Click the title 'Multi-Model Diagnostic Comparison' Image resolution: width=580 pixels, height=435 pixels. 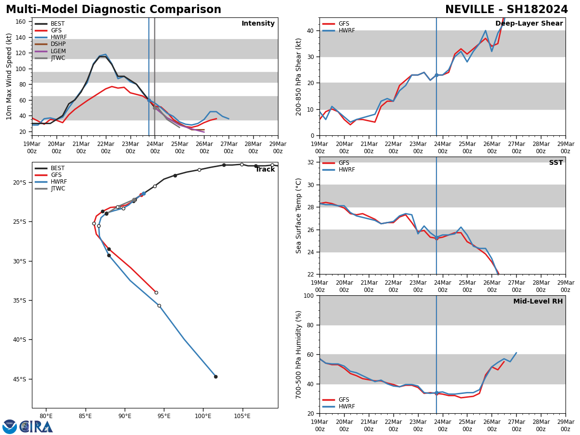(114, 10)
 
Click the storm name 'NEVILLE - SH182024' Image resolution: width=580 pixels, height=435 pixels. (506, 10)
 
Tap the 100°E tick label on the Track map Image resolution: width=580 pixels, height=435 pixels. (203, 416)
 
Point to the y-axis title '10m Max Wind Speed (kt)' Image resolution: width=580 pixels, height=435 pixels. (9, 76)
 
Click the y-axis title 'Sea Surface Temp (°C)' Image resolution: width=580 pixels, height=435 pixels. (299, 216)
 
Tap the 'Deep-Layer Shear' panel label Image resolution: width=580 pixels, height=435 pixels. (529, 24)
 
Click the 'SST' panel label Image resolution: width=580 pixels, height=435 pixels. (555, 163)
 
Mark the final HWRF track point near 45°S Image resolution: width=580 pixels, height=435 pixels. (216, 377)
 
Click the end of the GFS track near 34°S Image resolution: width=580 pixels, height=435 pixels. (156, 292)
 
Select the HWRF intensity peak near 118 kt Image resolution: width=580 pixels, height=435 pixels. (105, 55)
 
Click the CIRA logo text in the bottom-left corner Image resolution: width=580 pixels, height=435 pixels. (36, 427)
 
